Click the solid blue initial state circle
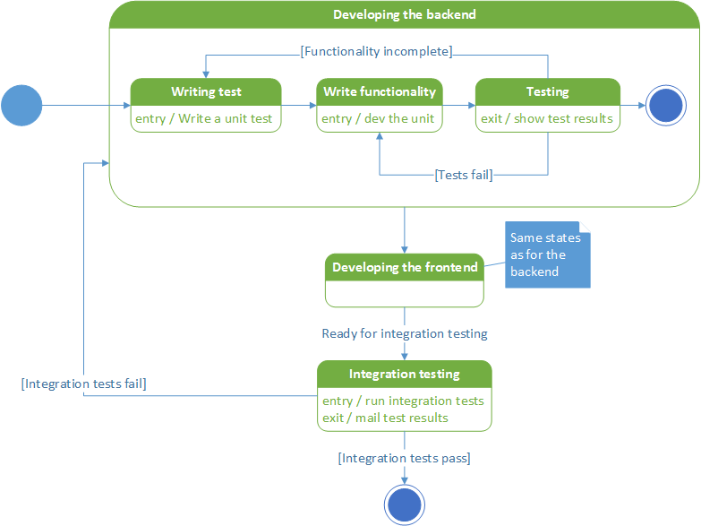click(x=21, y=105)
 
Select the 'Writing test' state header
click(x=206, y=91)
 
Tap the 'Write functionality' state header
click(x=380, y=91)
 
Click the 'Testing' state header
click(x=547, y=91)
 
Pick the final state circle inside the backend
click(x=666, y=105)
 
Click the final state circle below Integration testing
click(x=404, y=504)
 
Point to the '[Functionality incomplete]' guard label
click(x=376, y=51)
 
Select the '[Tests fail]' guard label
click(x=463, y=175)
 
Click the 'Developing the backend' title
click(x=405, y=14)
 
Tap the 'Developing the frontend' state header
click(x=405, y=267)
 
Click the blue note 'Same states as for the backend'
click(x=547, y=255)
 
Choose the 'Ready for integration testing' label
click(x=405, y=333)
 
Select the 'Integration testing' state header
click(x=405, y=374)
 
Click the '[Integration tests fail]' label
click(x=84, y=384)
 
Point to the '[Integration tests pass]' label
click(x=405, y=458)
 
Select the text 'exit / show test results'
click(x=547, y=118)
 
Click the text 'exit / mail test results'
click(x=385, y=418)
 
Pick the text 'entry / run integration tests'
click(x=403, y=401)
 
